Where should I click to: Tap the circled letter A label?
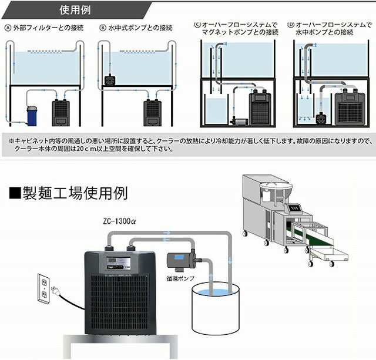pyautogui.click(x=8, y=27)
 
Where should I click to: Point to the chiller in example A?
pyautogui.click(x=61, y=111)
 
